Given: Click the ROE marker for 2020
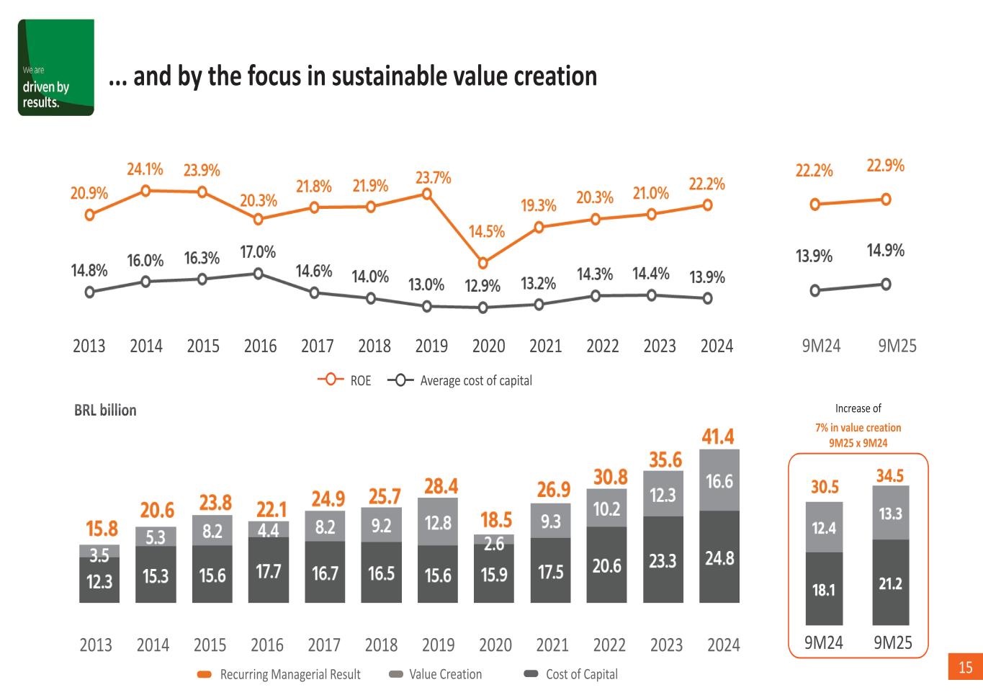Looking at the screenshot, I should click(483, 264).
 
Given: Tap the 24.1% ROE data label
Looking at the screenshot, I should click(145, 169).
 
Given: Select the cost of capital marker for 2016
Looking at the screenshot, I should click(259, 274).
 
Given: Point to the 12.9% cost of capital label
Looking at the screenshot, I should click(482, 286).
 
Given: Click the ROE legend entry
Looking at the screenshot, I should click(345, 380).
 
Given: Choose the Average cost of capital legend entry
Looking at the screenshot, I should click(460, 380).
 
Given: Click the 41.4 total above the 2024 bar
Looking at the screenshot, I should click(718, 436).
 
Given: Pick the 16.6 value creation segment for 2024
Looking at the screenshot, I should click(719, 481).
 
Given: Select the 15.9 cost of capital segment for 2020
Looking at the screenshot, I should click(494, 575).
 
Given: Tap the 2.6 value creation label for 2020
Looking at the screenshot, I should click(494, 544).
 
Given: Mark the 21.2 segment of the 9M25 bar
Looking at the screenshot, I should click(890, 583).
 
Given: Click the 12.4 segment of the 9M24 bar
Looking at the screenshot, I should click(824, 528).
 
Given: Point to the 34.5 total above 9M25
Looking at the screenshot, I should click(890, 476).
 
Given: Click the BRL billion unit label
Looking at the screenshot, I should click(105, 411).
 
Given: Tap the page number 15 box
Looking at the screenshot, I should click(965, 668).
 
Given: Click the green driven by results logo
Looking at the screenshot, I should click(55, 68).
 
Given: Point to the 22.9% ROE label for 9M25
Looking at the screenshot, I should click(885, 166).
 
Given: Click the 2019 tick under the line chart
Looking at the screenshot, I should click(431, 346).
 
